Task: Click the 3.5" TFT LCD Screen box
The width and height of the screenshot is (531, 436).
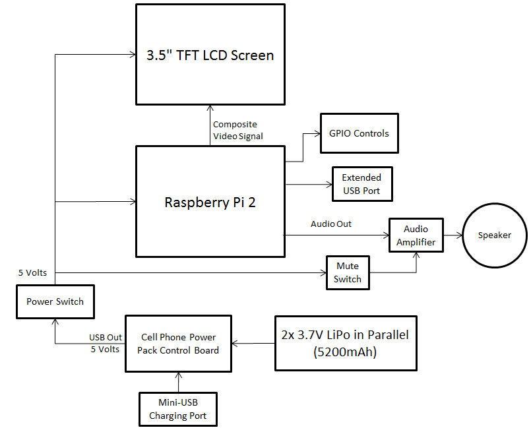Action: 210,55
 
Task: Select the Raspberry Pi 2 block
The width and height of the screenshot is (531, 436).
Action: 210,202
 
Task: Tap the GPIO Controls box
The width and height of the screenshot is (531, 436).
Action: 359,133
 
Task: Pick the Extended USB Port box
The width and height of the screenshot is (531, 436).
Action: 361,184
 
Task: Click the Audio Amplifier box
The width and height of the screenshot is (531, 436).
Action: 416,235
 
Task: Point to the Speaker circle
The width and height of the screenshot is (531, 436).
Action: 494,235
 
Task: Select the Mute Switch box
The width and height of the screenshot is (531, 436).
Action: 348,272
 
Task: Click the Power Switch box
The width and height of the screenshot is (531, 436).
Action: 55,301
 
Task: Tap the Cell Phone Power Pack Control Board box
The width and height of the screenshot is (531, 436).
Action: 177,343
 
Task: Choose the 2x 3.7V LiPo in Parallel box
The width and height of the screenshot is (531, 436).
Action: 346,343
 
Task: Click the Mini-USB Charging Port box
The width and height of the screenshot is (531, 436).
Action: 177,409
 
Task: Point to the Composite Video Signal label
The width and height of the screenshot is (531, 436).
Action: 237,131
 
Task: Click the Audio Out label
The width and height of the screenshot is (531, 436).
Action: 331,224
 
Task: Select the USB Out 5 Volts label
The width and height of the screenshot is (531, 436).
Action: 105,343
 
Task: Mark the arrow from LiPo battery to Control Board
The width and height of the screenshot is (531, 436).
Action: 253,343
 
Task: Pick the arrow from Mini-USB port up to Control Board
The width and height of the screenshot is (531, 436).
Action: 177,382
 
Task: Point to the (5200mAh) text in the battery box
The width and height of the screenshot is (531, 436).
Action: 346,352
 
